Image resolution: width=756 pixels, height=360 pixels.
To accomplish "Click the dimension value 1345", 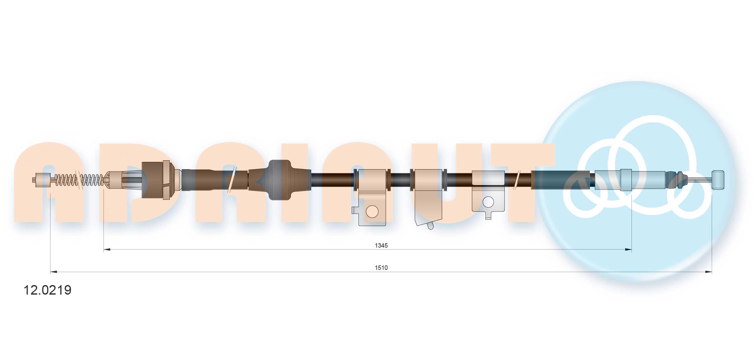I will [381, 245].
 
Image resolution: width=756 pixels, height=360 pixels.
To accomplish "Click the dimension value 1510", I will [381, 268].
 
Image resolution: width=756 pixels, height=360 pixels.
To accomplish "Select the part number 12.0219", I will [48, 290].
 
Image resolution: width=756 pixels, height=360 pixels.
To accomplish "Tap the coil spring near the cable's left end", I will [79, 180].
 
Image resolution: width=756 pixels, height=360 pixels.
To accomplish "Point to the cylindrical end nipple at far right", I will [718, 180].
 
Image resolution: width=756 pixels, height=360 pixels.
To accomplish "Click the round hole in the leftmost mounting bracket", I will [372, 211].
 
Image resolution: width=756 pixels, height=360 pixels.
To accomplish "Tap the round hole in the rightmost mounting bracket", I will [488, 202].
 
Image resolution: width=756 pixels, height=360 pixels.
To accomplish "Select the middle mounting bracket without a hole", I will [428, 197].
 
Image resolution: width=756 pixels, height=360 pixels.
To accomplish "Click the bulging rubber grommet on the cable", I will [279, 180].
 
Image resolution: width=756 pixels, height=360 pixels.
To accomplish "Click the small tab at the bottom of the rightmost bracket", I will [488, 217].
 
